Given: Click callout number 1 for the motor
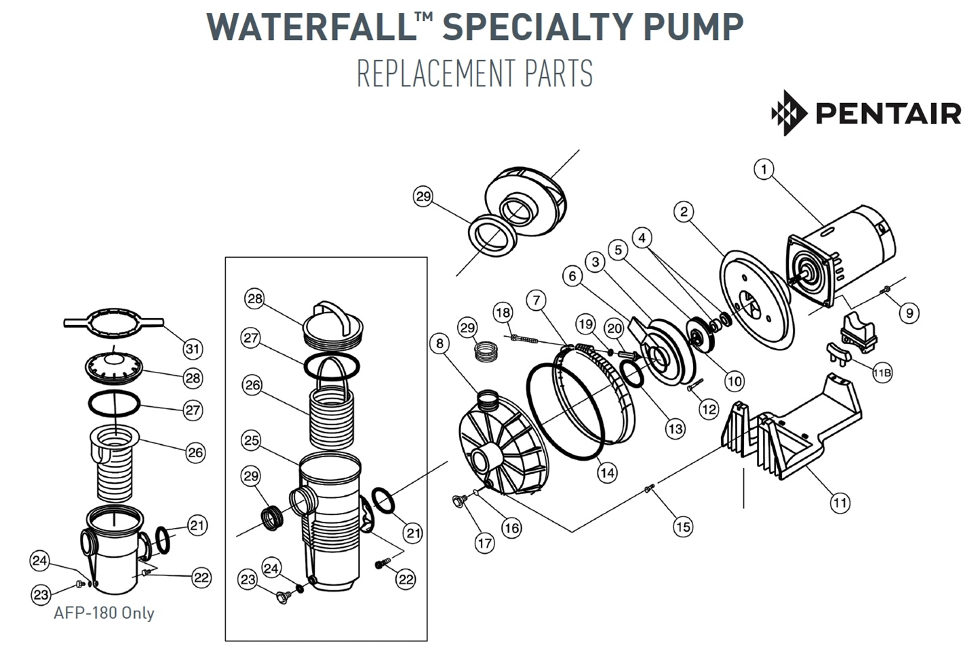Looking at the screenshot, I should (764, 170).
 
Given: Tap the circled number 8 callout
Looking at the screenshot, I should (439, 343).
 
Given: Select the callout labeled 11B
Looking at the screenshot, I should (882, 372).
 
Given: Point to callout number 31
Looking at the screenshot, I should (193, 349).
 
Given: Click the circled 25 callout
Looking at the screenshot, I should (252, 440).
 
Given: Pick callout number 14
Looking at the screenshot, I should (606, 472).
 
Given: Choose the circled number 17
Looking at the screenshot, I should (484, 543).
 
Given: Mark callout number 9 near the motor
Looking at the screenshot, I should (909, 312).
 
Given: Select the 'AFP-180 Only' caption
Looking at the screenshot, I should (104, 613).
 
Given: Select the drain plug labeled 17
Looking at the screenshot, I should (460, 502).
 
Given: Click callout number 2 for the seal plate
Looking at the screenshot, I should (684, 212).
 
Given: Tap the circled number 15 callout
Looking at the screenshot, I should (682, 526).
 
